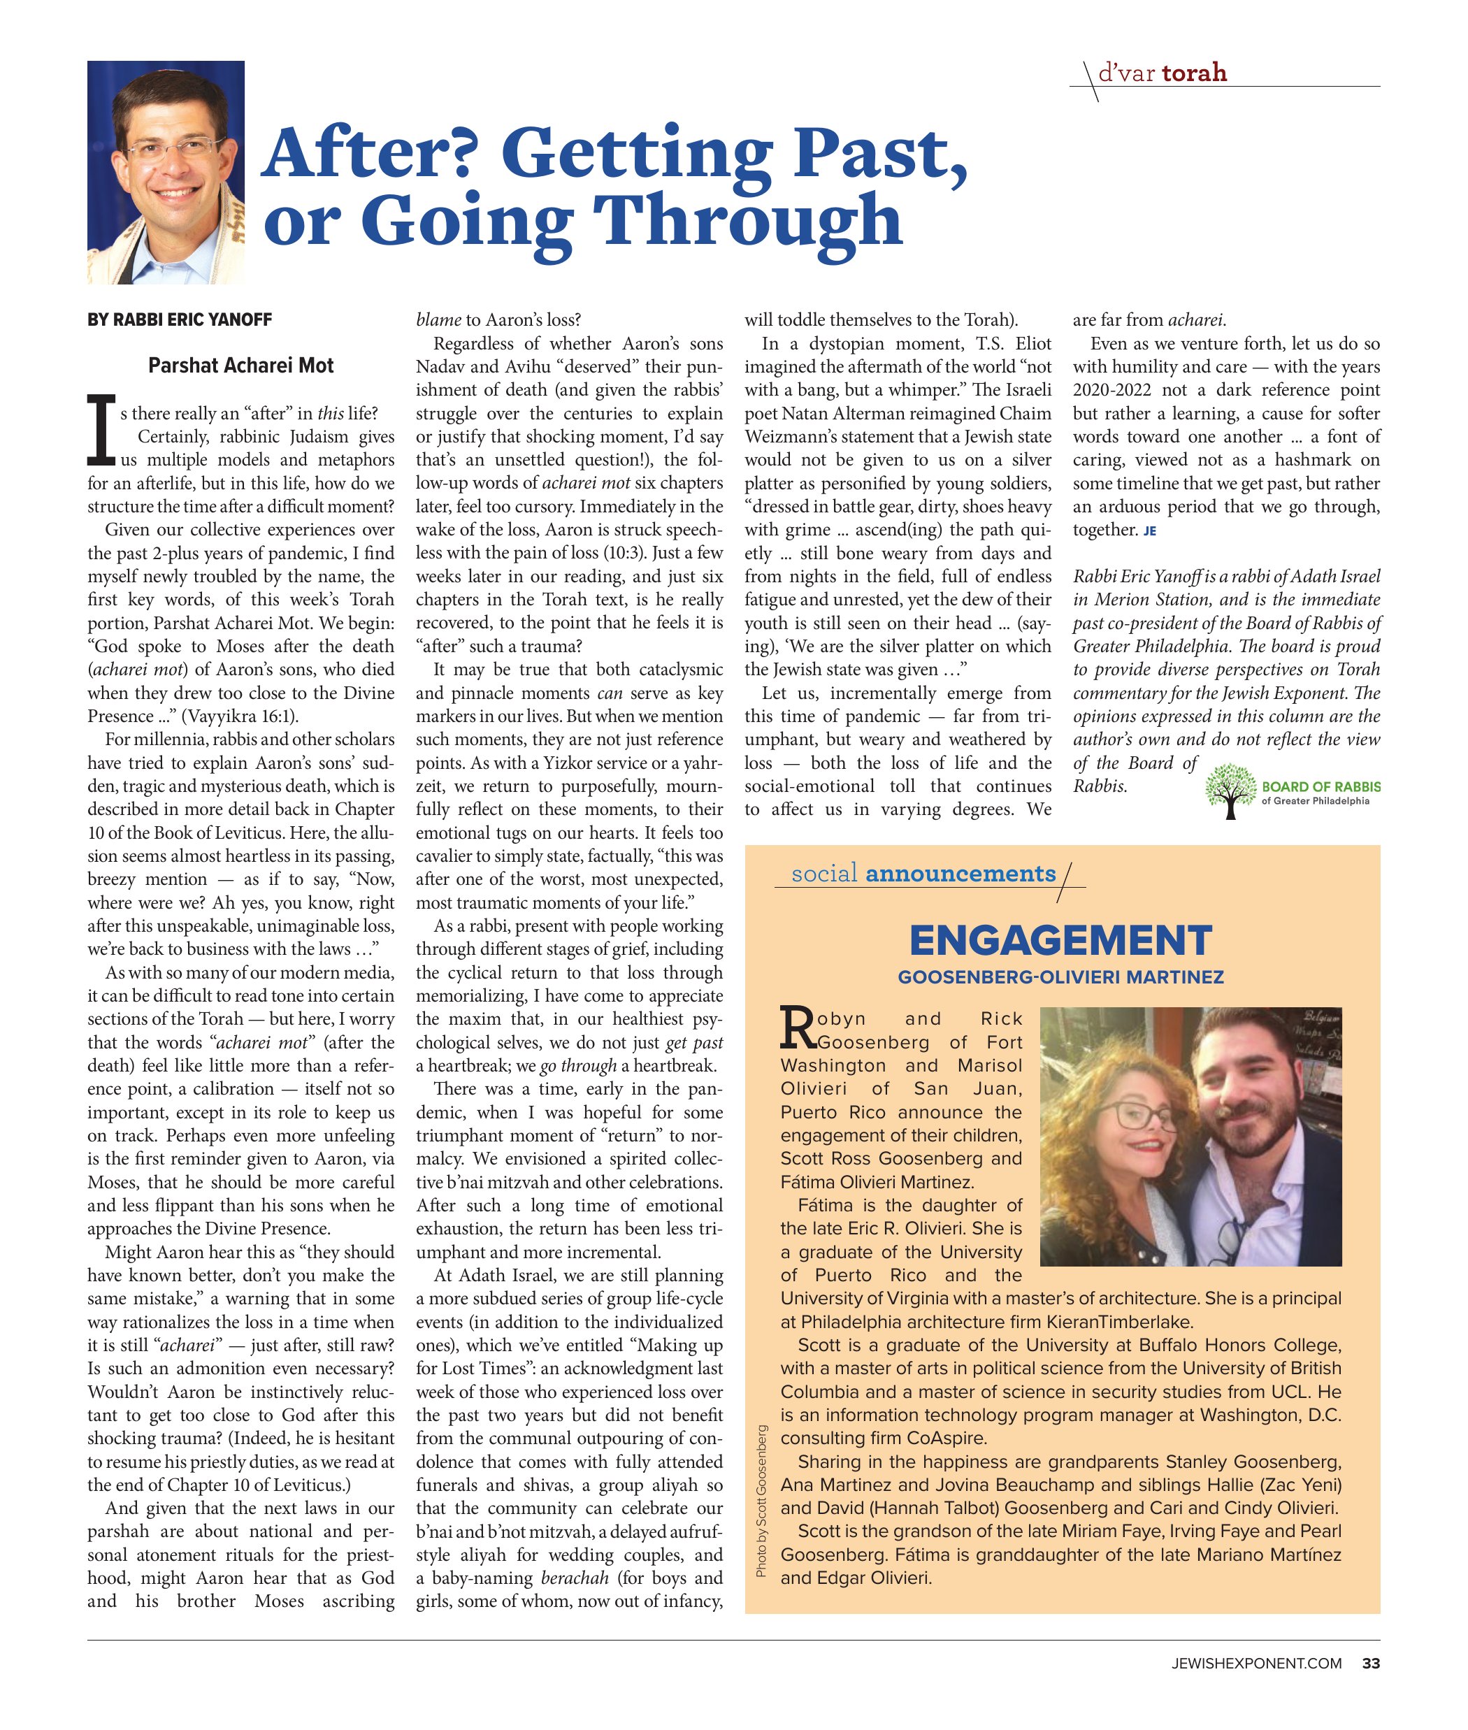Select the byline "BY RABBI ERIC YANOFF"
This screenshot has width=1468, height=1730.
pos(180,320)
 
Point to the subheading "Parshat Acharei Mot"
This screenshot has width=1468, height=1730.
pos(240,366)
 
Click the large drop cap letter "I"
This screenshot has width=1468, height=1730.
pos(101,429)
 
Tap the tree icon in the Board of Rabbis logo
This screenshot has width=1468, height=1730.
pos(1231,790)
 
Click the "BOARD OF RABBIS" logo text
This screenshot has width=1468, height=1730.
pos(1321,786)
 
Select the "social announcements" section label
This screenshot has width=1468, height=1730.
pos(923,873)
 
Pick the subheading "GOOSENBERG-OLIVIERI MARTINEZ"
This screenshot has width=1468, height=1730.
pos(1060,977)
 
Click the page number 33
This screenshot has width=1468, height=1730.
pos(1371,1664)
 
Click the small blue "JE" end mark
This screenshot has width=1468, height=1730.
pos(1149,531)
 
